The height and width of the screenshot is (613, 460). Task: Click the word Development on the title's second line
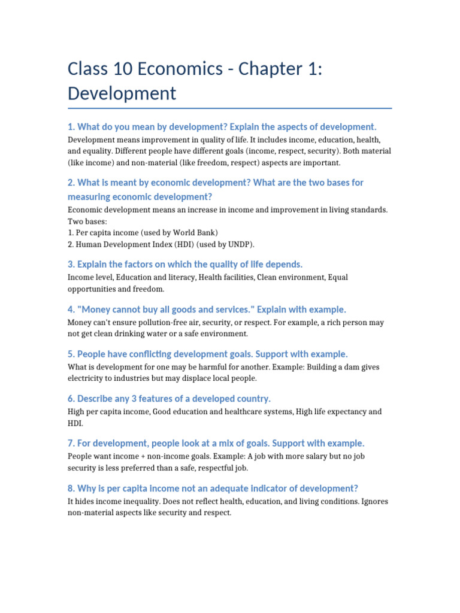(x=122, y=93)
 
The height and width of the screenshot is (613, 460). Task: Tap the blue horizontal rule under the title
(x=230, y=108)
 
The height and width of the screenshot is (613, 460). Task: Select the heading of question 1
(x=222, y=127)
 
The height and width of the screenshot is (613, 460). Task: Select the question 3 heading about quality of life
(x=185, y=264)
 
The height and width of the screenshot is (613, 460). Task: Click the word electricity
(x=90, y=378)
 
